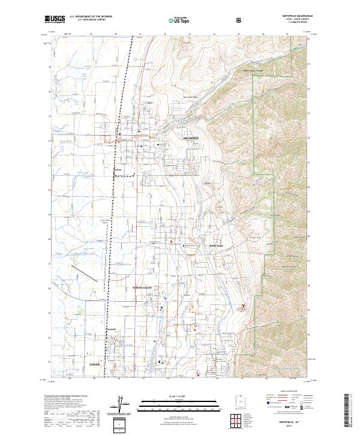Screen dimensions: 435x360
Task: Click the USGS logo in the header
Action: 55,19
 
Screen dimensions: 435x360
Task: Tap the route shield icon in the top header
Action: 239,20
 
